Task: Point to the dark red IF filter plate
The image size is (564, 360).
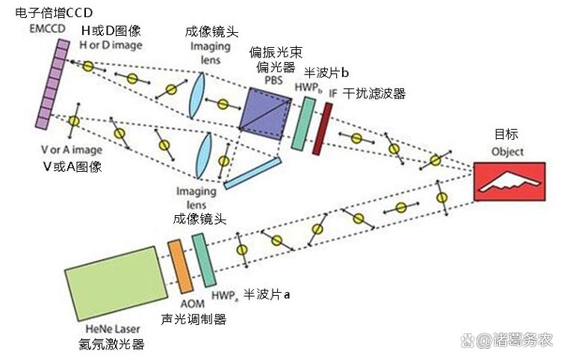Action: [x=323, y=128]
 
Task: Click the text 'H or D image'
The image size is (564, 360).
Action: [x=110, y=45]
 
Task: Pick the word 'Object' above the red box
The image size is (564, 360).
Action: [x=507, y=152]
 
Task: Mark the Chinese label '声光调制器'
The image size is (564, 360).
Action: [x=193, y=319]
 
